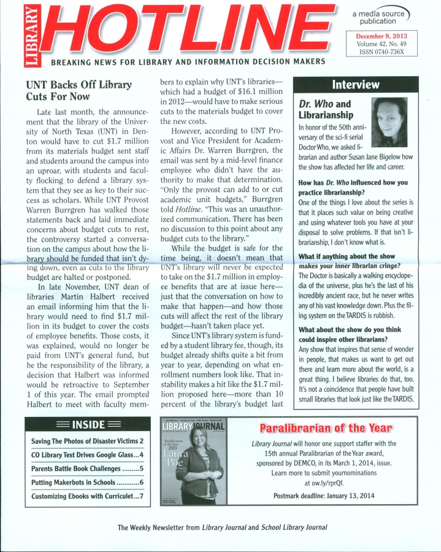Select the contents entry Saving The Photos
click(x=86, y=441)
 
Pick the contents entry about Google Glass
click(x=86, y=455)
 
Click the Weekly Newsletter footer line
click(x=223, y=527)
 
